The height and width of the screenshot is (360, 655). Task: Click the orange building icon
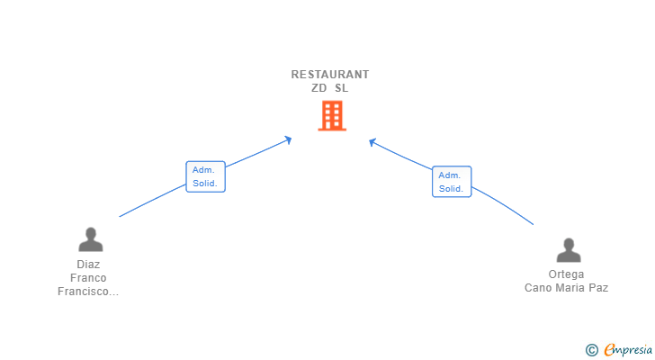[331, 116]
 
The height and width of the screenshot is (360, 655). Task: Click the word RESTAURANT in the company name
[330, 75]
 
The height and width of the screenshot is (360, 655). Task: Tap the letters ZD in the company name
[319, 88]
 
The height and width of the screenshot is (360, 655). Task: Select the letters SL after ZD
[341, 88]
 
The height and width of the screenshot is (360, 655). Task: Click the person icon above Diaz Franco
[90, 239]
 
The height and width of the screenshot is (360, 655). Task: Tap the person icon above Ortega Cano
[568, 249]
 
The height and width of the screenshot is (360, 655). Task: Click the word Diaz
[88, 265]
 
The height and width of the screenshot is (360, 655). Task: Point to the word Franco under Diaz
[88, 278]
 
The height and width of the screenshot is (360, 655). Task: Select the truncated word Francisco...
[88, 292]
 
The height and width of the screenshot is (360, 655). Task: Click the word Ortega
[566, 274]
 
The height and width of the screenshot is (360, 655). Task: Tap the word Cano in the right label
[539, 288]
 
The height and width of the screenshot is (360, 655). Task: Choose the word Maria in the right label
[573, 288]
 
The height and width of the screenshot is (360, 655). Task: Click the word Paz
[600, 288]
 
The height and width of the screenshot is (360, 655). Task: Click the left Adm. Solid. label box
[205, 176]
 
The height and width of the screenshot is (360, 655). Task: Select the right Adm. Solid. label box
[451, 182]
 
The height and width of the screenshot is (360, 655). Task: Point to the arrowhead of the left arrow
[289, 139]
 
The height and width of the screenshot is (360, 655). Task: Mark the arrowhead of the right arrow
[372, 141]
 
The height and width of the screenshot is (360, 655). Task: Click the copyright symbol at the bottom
[591, 349]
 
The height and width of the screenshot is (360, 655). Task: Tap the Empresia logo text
[628, 349]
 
